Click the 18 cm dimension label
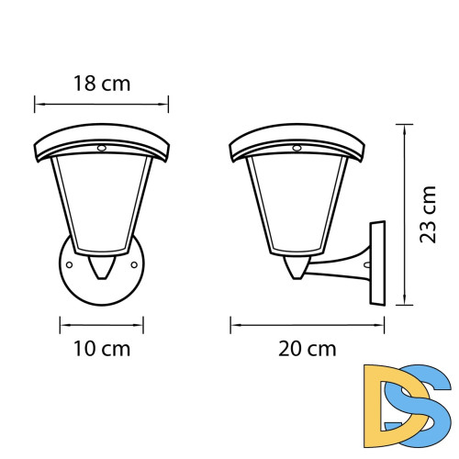click(x=102, y=84)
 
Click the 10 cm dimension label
click(x=102, y=349)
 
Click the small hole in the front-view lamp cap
click(x=102, y=147)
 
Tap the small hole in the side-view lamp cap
click(x=297, y=147)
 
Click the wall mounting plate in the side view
click(x=378, y=263)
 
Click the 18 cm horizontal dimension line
click(x=102, y=103)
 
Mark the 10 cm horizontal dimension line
click(x=102, y=323)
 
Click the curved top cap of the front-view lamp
click(x=102, y=137)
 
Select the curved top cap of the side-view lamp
click(x=297, y=137)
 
